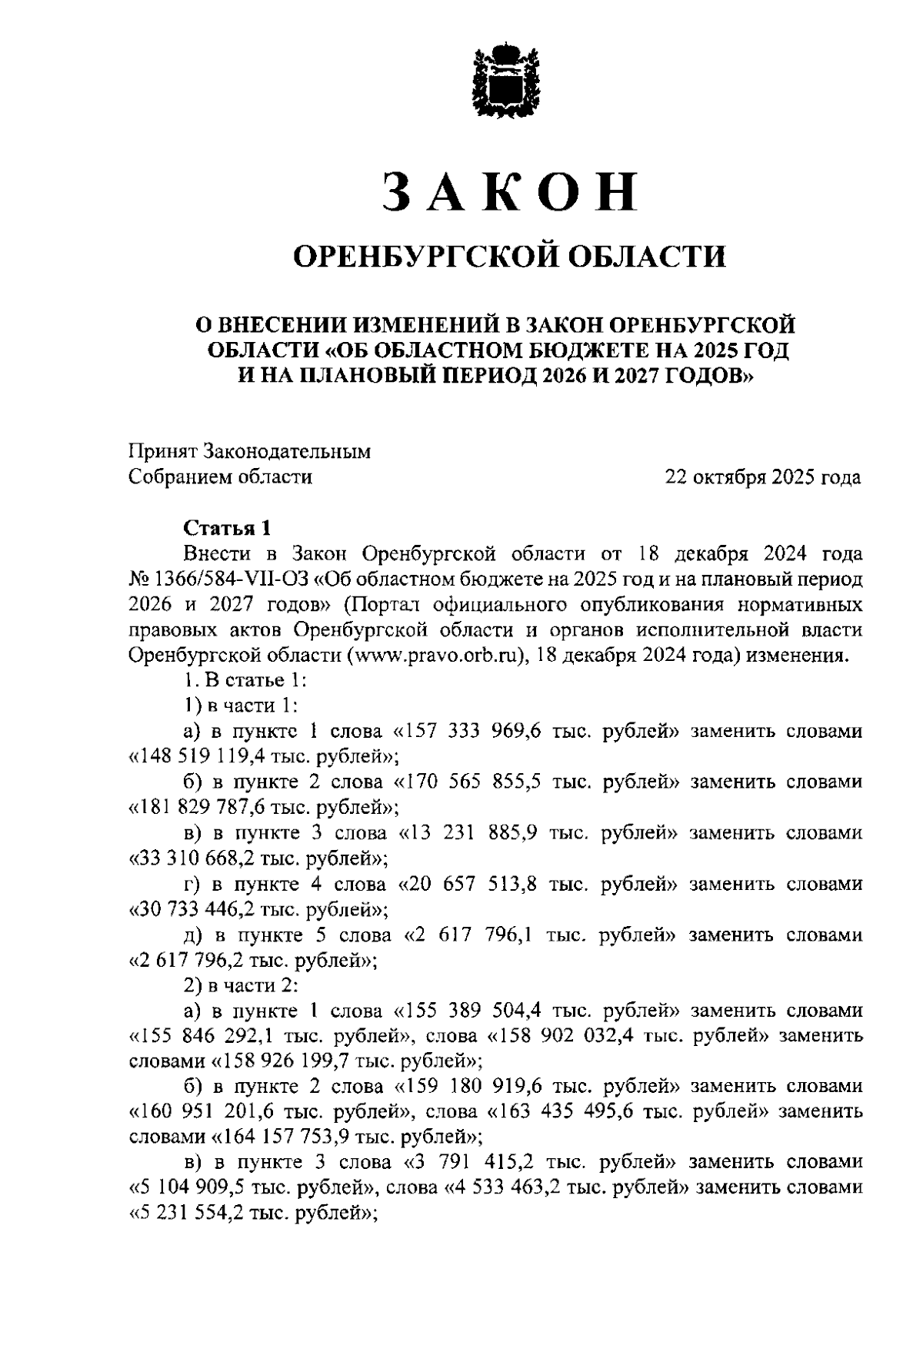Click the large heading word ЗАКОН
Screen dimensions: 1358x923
pyautogui.click(x=510, y=191)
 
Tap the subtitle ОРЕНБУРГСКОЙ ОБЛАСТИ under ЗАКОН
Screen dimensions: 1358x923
pyautogui.click(x=511, y=256)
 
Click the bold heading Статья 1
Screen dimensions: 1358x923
pyautogui.click(x=227, y=528)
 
